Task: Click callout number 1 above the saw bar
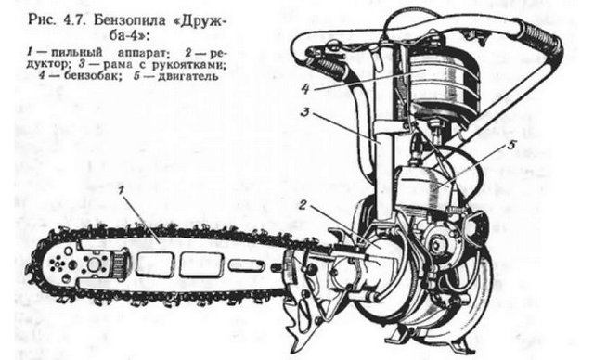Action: pos(121,190)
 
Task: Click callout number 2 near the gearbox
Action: pos(303,205)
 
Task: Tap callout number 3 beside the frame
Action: pos(305,113)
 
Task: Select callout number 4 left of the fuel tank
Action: pos(305,89)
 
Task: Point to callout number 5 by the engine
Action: pos(511,146)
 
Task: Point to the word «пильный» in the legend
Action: pos(77,52)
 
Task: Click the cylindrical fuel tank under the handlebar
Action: pos(444,83)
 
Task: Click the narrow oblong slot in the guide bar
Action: pos(246,264)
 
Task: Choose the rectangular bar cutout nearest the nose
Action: pos(155,264)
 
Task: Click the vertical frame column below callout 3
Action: pos(383,171)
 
